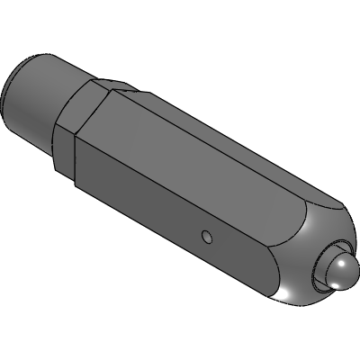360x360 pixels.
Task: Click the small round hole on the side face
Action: click(x=206, y=237)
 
